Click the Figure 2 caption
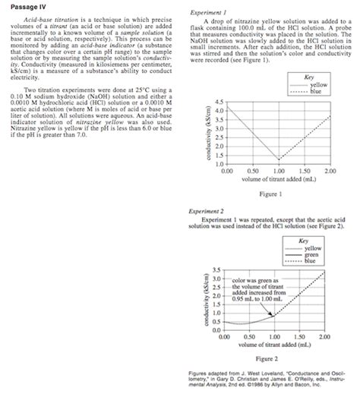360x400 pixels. pos(270,357)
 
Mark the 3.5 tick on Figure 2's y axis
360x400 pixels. pos(217,270)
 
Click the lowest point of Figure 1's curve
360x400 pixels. pos(278,160)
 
